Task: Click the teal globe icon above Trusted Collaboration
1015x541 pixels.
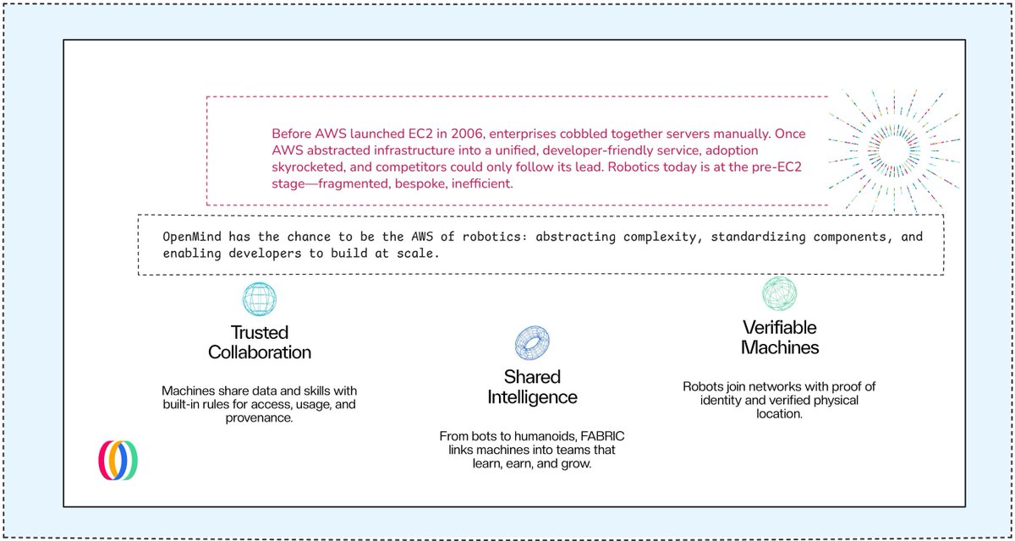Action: click(260, 299)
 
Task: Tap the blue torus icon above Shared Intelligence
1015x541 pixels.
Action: click(532, 342)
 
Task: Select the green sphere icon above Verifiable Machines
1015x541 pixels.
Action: click(779, 293)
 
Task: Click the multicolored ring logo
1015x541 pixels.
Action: click(118, 460)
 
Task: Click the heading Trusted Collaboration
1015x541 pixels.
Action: click(260, 342)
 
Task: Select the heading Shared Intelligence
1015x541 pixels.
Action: click(532, 386)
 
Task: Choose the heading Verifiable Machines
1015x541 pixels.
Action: click(779, 336)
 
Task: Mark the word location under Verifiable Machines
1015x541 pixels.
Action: click(779, 415)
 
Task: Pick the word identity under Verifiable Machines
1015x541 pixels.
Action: click(727, 401)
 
